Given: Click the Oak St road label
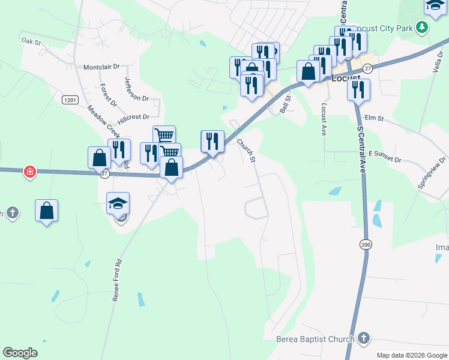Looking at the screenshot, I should [31, 41].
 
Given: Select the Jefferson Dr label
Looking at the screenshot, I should [136, 89].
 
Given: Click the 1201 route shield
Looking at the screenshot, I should [70, 99].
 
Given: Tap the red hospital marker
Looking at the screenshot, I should [29, 173].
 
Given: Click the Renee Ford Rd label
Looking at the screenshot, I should [118, 280].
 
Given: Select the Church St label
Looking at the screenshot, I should [246, 151].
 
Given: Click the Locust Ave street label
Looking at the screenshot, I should [324, 119].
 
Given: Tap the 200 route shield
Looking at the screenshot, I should [366, 244].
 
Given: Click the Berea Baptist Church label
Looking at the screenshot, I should [315, 340].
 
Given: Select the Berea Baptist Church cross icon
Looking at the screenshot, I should [363, 340].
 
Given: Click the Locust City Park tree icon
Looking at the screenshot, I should [422, 27].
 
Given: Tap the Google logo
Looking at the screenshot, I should [20, 353].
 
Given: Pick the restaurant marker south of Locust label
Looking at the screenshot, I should [358, 89].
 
